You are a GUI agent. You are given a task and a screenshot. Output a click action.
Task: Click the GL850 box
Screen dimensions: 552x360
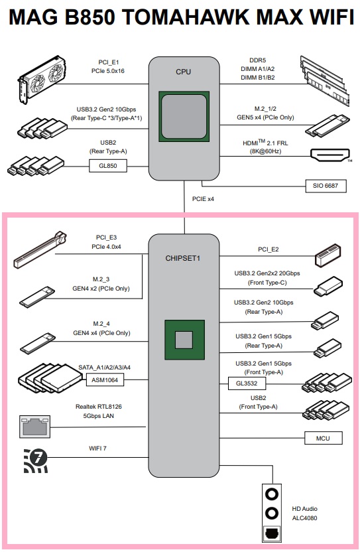point(107,166)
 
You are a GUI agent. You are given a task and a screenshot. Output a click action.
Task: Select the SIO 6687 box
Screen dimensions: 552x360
point(325,186)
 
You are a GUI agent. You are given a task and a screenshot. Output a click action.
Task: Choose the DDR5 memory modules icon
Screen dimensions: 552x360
point(326,75)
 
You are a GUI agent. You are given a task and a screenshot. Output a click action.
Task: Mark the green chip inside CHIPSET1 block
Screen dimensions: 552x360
point(184,340)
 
